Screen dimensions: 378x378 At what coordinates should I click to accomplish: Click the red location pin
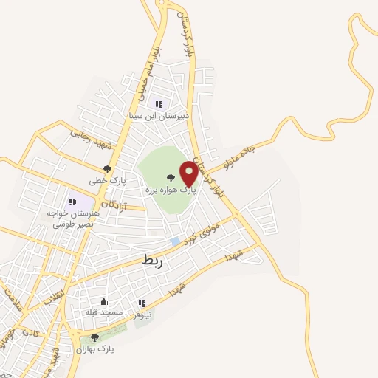pos(190,173)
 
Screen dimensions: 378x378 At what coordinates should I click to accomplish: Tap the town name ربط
pos(156,260)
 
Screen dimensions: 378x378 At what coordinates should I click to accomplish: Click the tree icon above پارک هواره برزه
pos(170,178)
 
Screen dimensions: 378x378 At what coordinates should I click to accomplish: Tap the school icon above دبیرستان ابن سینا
pos(159,104)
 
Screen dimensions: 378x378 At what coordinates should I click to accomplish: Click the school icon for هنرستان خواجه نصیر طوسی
pos(72,201)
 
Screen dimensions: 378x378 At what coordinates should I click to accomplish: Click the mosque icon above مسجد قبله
pos(103,300)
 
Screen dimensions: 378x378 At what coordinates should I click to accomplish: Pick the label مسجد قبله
pos(103,312)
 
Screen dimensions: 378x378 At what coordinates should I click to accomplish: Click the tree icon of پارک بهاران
pos(94,337)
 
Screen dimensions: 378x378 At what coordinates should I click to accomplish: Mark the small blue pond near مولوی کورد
pos(175,241)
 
